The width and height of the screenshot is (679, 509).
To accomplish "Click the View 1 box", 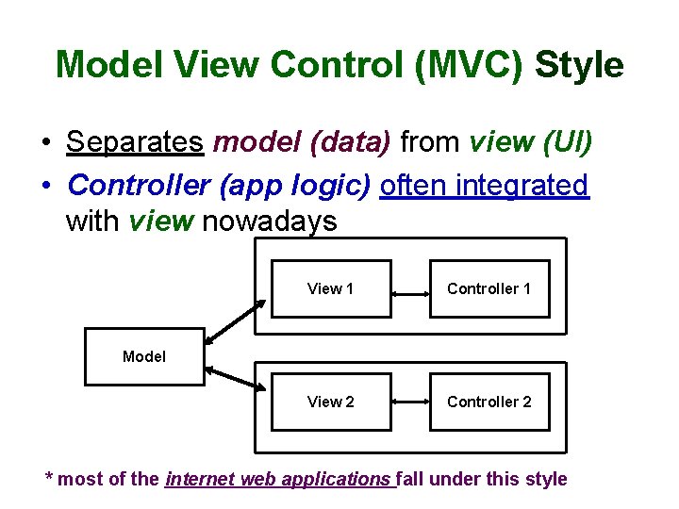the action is pos(331,288).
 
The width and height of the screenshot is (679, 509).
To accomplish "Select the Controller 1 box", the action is pos(489,288).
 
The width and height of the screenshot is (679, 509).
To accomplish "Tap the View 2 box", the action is pos(331,402).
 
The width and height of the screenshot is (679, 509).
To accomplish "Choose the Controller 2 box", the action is pos(489,402).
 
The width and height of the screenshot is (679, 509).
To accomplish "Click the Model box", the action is pos(144,356).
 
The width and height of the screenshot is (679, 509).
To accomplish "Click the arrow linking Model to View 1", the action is pos(236,321).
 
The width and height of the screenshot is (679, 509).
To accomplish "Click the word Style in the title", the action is pos(579,66).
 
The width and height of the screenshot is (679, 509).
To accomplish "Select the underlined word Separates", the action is pos(135,142).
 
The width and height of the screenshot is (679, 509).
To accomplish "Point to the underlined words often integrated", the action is pos(484,185).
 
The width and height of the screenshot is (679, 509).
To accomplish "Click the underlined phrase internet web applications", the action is pos(280,479).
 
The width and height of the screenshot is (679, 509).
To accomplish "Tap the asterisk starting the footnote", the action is pos(50,477).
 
